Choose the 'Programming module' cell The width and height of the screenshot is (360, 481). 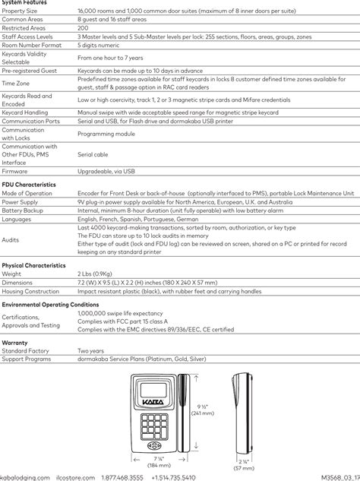pyautogui.click(x=106, y=133)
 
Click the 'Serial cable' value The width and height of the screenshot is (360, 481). pyautogui.click(x=93, y=153)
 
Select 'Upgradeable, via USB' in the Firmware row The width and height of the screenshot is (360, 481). pyautogui.click(x=106, y=172)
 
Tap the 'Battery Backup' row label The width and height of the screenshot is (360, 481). pyautogui.click(x=24, y=210)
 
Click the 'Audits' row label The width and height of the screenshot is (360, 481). pyautogui.click(x=11, y=239)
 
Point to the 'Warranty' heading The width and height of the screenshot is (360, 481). pyautogui.click(x=15, y=343)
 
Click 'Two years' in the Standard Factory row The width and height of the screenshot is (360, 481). pyautogui.click(x=92, y=352)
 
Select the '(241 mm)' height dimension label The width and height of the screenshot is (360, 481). pyautogui.click(x=201, y=413)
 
